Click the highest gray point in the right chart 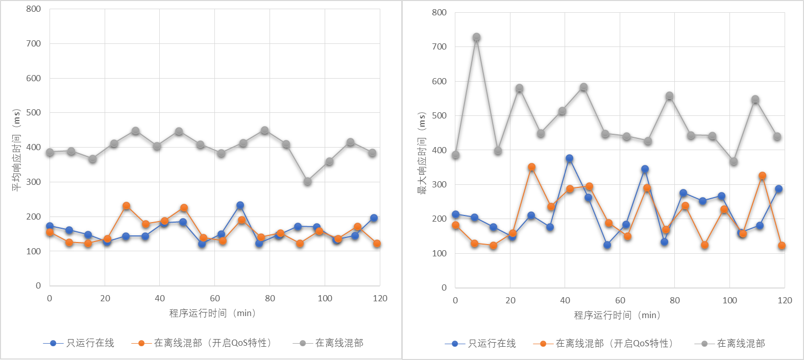[476, 37]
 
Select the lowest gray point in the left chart [307, 181]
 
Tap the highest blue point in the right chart [569, 159]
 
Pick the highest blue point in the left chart [240, 205]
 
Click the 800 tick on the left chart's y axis [34, 9]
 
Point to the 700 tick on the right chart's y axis [439, 46]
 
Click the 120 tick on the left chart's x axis [380, 298]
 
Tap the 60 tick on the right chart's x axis [620, 300]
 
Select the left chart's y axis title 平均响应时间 [16, 150]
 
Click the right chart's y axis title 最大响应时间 [422, 153]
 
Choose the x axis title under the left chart [212, 313]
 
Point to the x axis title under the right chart [617, 315]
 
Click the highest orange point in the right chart [531, 167]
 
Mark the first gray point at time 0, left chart [50, 152]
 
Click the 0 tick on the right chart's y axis [444, 287]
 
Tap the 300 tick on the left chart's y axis [34, 182]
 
